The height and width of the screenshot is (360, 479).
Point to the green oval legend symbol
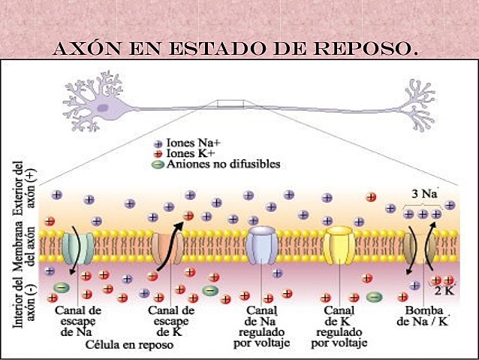pos(158,164)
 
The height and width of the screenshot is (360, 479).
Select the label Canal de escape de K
pos(172,320)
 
